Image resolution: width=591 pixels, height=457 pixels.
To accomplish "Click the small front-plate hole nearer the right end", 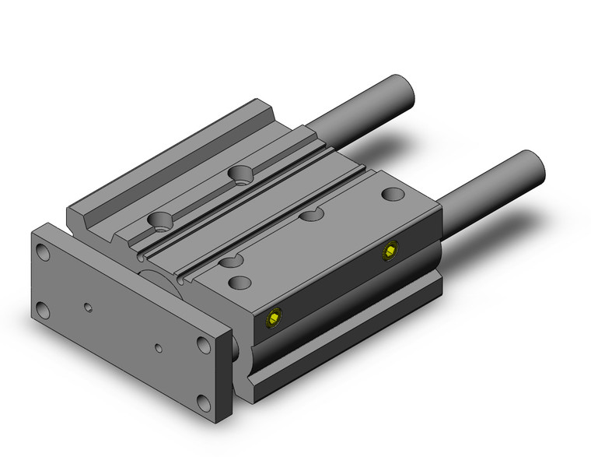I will tap(159, 347).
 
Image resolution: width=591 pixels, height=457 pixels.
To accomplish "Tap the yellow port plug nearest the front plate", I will tap(273, 318).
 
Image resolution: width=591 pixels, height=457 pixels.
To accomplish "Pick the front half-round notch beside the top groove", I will tap(229, 261).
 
